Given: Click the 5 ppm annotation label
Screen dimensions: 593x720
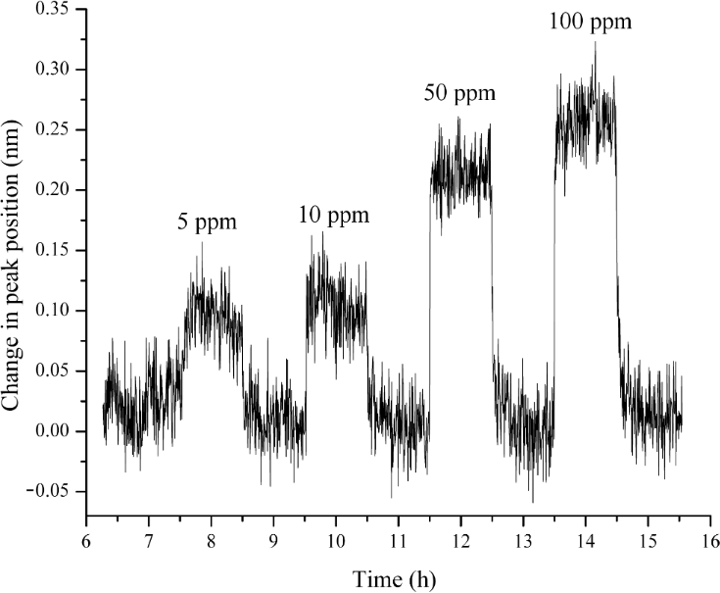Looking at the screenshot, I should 207,222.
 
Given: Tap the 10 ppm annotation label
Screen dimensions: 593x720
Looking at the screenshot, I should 334,215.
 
